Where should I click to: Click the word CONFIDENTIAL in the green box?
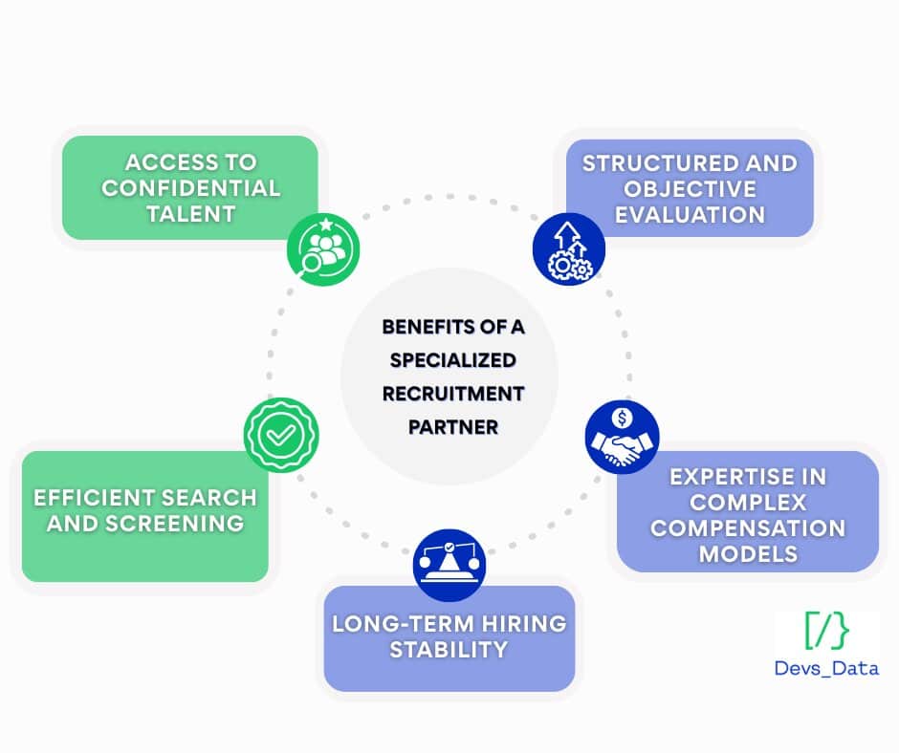pyautogui.click(x=190, y=187)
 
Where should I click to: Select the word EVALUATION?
pyautogui.click(x=690, y=214)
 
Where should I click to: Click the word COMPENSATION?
pyautogui.click(x=748, y=527)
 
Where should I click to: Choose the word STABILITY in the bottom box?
pyautogui.click(x=449, y=650)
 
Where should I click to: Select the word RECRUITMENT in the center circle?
pyautogui.click(x=453, y=393)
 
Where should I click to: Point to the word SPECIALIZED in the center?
pyautogui.click(x=453, y=360)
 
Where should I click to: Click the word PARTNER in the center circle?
pyautogui.click(x=453, y=426)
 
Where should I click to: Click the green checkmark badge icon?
pyautogui.click(x=280, y=435)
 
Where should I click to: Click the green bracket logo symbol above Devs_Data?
pyautogui.click(x=826, y=630)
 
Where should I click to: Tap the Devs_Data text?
pyautogui.click(x=826, y=668)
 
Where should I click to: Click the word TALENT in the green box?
pyautogui.click(x=190, y=213)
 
